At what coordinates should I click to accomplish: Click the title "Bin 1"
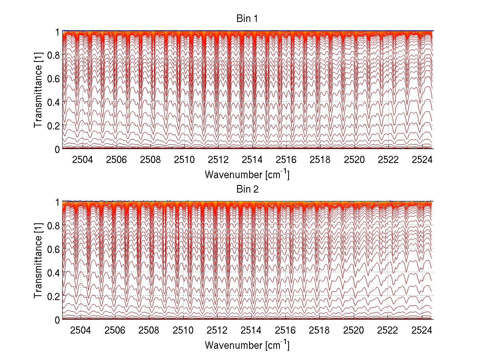[247, 19]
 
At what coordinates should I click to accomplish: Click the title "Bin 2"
[247, 189]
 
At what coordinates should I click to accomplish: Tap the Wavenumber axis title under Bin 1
[247, 174]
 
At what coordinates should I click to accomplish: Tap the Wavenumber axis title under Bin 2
[247, 345]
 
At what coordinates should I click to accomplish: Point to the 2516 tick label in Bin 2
[286, 331]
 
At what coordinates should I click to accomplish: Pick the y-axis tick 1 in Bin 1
[57, 32]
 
